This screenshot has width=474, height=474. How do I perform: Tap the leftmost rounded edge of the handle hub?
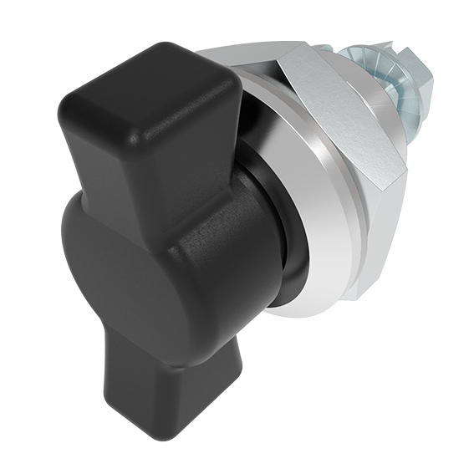pos(65,251)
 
